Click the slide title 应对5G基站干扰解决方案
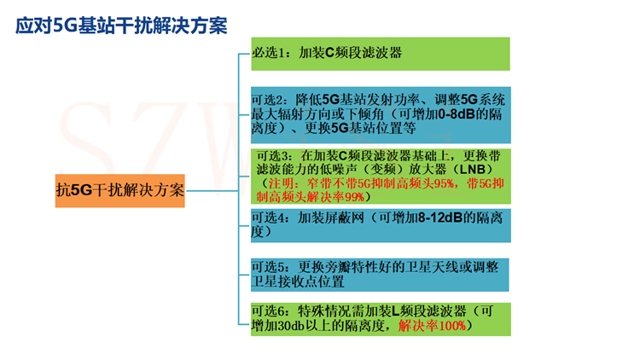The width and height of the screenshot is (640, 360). tap(121, 26)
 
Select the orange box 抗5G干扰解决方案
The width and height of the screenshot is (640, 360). tap(120, 190)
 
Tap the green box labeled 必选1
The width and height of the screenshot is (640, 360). tap(381, 54)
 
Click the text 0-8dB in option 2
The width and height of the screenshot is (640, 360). tap(457, 113)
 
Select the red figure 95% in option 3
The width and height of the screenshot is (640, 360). tap(443, 183)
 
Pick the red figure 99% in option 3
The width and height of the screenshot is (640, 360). tap(354, 197)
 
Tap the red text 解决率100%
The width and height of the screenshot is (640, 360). tap(432, 326)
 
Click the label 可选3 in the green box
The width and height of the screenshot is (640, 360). tap(272, 156)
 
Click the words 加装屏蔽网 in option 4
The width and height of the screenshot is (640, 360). tap(330, 218)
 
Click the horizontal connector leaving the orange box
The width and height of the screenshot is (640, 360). tap(212, 190)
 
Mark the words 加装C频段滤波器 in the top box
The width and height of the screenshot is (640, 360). tap(350, 53)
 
